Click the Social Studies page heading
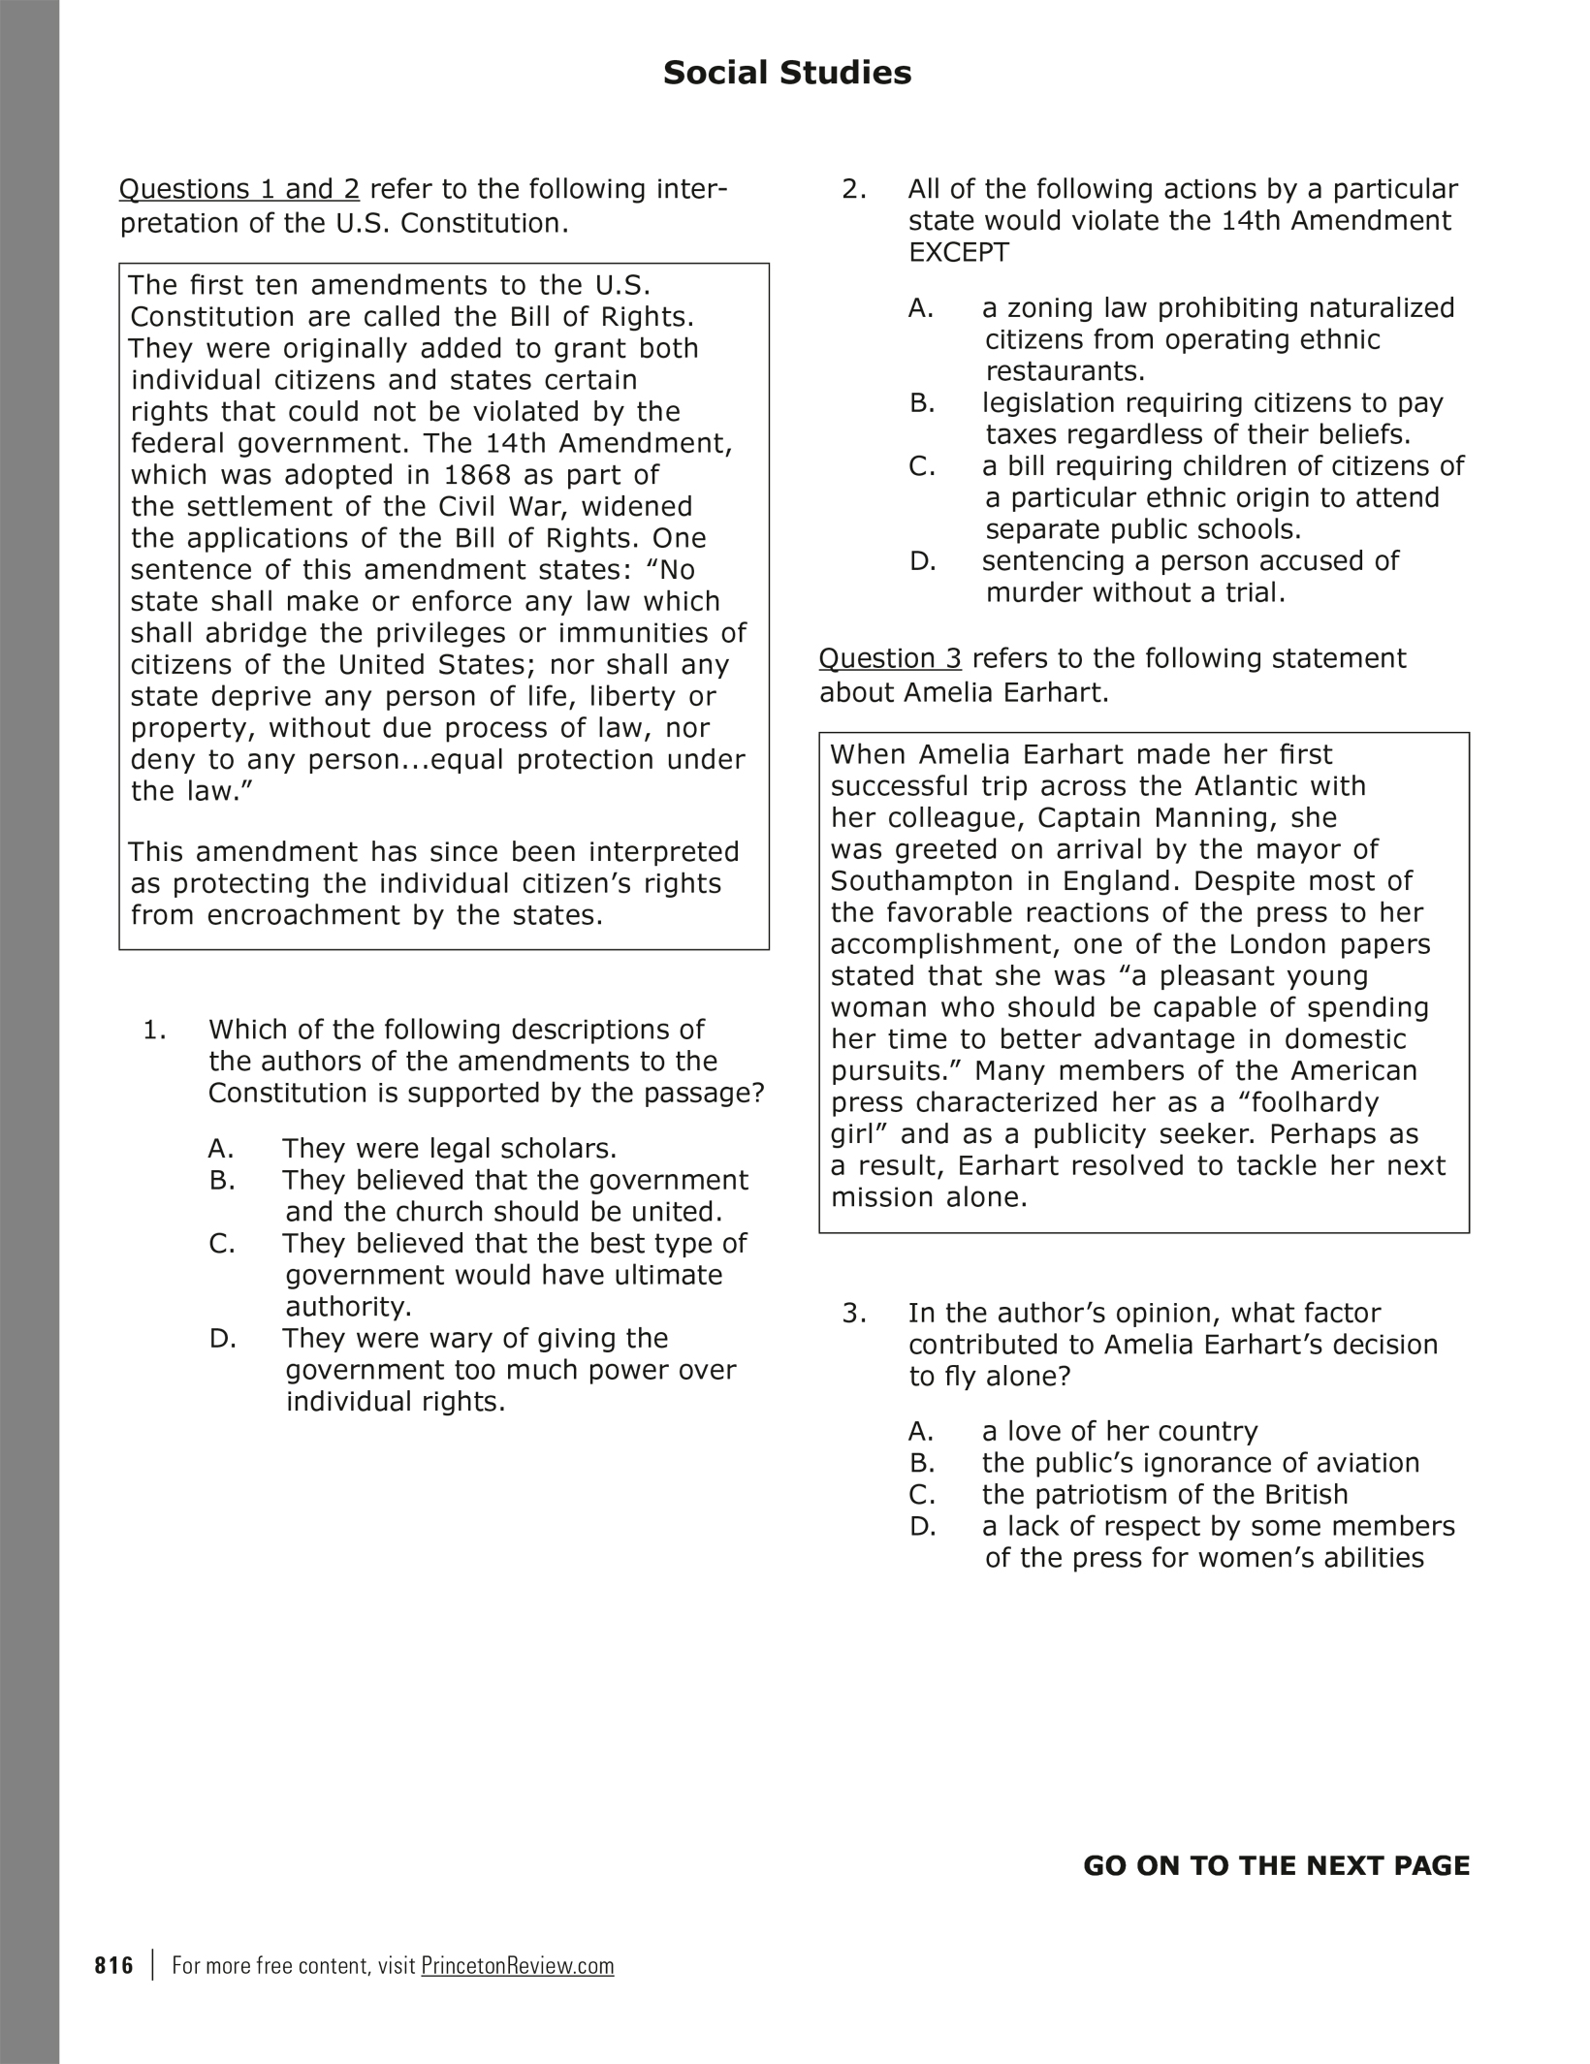(786, 74)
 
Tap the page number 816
(114, 1965)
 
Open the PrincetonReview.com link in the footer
(518, 1965)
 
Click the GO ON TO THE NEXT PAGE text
(1276, 1865)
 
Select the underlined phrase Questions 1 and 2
(238, 189)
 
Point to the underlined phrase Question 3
(890, 658)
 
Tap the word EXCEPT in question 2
(958, 253)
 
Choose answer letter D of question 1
(222, 1339)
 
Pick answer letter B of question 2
(921, 403)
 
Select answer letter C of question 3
(921, 1494)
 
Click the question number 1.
(154, 1030)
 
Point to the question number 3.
(853, 1314)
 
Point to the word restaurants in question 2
(1065, 371)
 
